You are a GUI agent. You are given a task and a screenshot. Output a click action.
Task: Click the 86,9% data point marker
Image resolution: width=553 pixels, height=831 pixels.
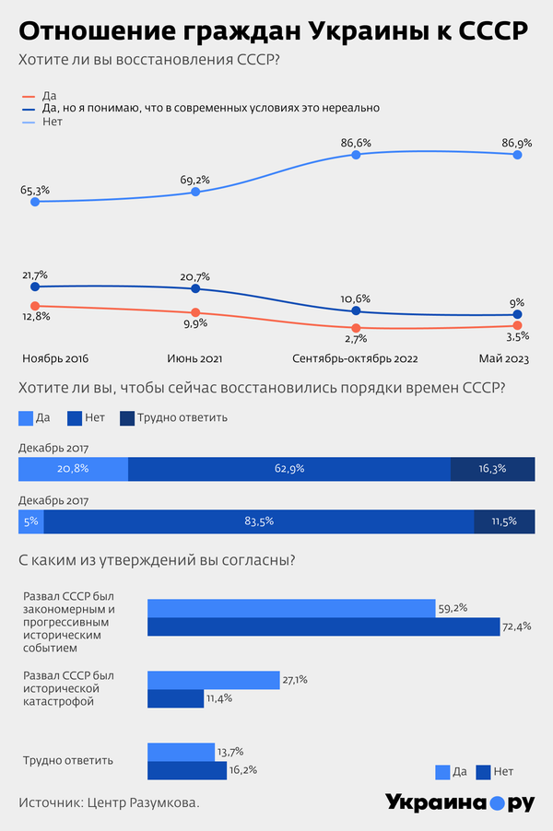pyautogui.click(x=517, y=155)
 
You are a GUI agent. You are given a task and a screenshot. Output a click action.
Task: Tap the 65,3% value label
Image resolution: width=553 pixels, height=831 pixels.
pyautogui.click(x=35, y=190)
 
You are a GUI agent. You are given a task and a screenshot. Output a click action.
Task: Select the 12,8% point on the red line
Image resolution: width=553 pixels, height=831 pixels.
pyautogui.click(x=35, y=306)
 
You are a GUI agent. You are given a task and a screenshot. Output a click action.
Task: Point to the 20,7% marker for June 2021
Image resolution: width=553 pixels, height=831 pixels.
pyautogui.click(x=195, y=287)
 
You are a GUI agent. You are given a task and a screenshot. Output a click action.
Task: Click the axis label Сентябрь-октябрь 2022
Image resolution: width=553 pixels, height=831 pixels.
pyautogui.click(x=355, y=357)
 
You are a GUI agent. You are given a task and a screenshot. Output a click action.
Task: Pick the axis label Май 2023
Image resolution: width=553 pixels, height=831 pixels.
pyautogui.click(x=503, y=357)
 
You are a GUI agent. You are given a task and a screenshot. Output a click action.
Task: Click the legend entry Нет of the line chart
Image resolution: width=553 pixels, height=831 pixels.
pyautogui.click(x=52, y=121)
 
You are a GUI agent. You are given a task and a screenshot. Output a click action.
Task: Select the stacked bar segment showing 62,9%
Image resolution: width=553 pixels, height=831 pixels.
pyautogui.click(x=288, y=469)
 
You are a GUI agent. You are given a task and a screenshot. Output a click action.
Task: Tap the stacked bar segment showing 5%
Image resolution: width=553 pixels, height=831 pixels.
pyautogui.click(x=30, y=521)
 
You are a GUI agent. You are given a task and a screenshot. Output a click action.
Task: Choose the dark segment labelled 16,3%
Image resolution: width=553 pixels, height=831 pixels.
pyautogui.click(x=492, y=469)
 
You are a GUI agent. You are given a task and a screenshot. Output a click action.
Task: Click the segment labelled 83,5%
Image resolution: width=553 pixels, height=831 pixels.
pyautogui.click(x=258, y=521)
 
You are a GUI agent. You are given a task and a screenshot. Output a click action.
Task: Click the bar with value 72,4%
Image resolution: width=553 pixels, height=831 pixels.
pyautogui.click(x=323, y=627)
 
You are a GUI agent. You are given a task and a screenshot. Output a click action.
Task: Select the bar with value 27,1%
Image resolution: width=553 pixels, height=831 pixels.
pyautogui.click(x=213, y=680)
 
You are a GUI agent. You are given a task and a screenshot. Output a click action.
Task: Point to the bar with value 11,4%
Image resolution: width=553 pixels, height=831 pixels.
pyautogui.click(x=175, y=698)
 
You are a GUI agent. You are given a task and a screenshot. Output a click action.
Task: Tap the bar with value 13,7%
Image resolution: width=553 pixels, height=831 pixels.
pyautogui.click(x=181, y=752)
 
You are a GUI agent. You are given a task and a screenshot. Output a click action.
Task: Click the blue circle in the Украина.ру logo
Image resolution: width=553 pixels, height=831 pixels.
pyautogui.click(x=497, y=803)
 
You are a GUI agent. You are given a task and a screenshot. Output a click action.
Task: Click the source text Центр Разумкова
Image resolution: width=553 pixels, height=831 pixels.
pyautogui.click(x=143, y=803)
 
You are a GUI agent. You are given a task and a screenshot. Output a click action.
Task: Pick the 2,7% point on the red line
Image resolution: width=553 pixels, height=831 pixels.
pyautogui.click(x=356, y=328)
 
